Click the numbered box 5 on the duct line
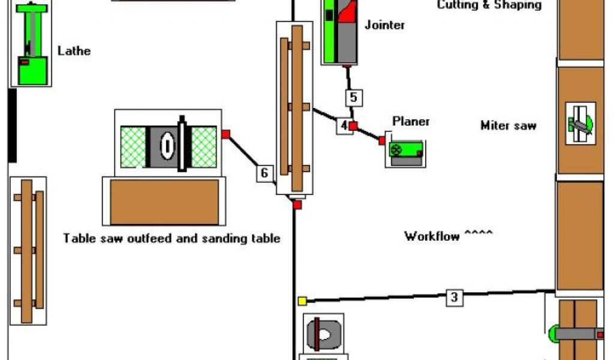353,97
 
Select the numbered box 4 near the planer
343,126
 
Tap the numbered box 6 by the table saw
264,173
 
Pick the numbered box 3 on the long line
455,296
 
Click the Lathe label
74,51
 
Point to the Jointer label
384,25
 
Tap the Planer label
411,121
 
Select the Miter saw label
508,125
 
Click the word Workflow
432,236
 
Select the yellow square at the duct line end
302,301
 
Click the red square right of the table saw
225,134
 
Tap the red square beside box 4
354,126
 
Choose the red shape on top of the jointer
348,12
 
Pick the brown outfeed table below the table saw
164,202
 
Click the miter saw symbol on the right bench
580,124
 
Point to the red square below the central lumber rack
297,205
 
